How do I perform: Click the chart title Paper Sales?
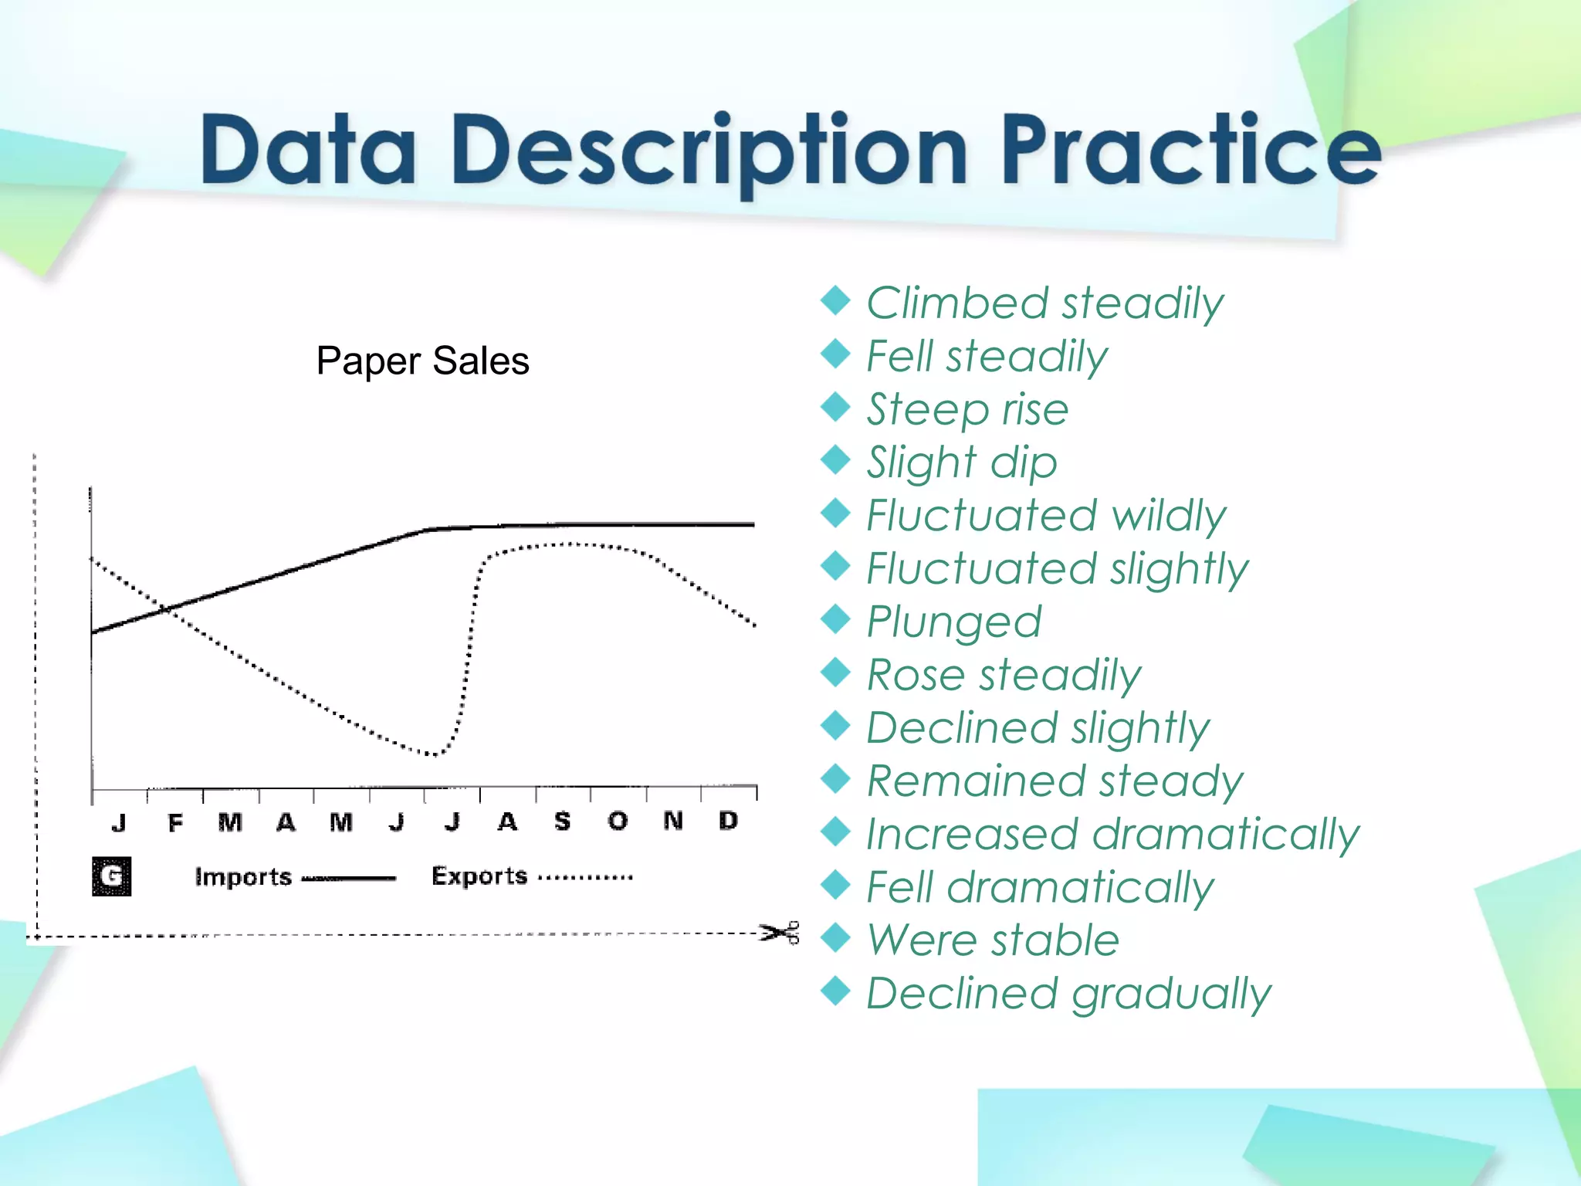click(422, 361)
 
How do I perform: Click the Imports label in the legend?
click(243, 877)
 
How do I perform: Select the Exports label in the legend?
click(479, 876)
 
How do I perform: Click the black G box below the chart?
click(111, 876)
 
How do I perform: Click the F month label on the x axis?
click(175, 823)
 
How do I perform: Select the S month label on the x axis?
click(562, 822)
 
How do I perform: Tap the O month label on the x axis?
click(618, 822)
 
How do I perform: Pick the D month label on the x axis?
click(728, 821)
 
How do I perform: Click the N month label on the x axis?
click(673, 821)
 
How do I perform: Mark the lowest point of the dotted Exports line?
click(434, 754)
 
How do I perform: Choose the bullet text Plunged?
click(953, 622)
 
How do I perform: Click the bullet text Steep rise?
click(967, 409)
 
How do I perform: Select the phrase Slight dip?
click(961, 463)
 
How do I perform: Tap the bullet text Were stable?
click(993, 940)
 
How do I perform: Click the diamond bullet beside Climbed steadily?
click(835, 300)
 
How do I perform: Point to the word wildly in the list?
click(1168, 516)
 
